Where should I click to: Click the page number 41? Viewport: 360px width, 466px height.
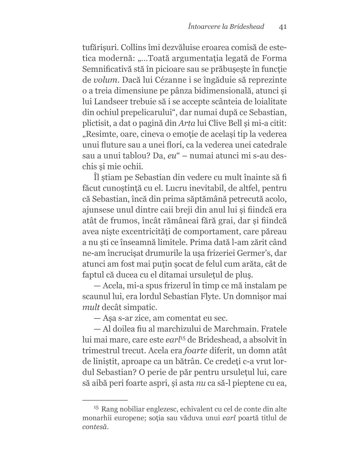[283, 27]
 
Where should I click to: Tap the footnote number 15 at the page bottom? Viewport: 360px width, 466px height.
[96, 408]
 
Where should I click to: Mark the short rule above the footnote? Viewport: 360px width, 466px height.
[105, 400]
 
